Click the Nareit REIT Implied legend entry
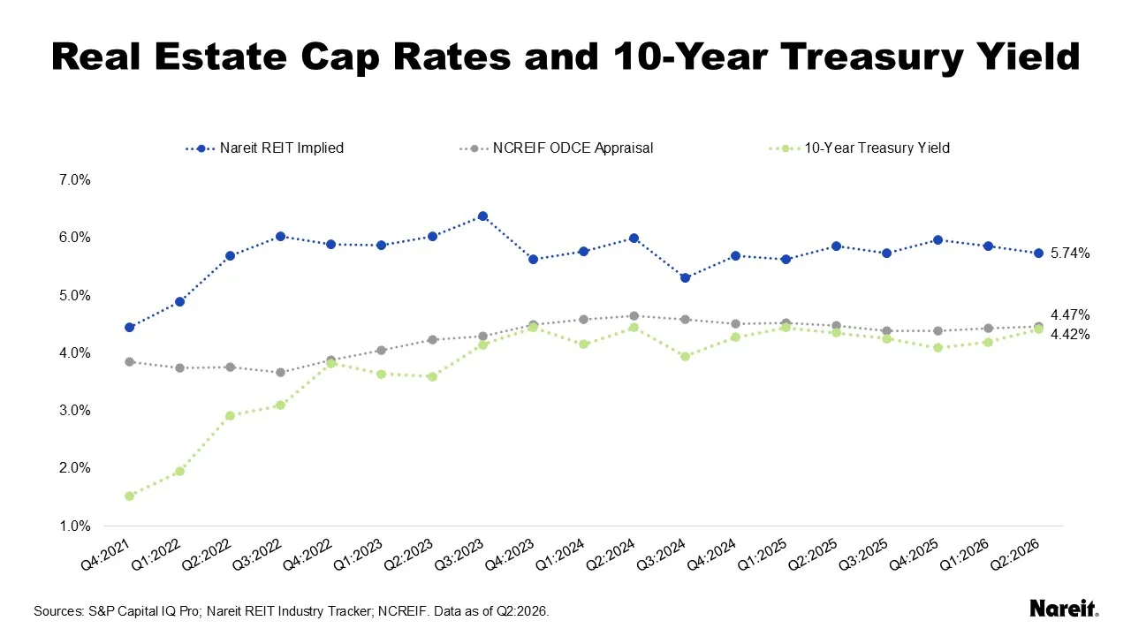coord(264,148)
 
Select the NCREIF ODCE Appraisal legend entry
coord(557,148)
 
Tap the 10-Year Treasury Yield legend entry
coord(859,148)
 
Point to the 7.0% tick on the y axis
coord(75,179)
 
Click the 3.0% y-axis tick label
coord(75,411)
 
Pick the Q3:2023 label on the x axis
coord(459,554)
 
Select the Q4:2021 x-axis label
coord(105,554)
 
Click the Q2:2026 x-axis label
coord(1015,554)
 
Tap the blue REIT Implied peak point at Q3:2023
coord(482,216)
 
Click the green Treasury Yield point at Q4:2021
coord(129,496)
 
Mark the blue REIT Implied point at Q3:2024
coord(685,278)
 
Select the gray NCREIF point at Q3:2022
coord(281,373)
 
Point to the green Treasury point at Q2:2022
coord(231,416)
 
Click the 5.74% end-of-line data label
coord(1070,254)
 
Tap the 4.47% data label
coord(1070,315)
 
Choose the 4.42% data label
coord(1070,335)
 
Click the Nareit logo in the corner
coord(1064,609)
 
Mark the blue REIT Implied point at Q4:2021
coord(129,328)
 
